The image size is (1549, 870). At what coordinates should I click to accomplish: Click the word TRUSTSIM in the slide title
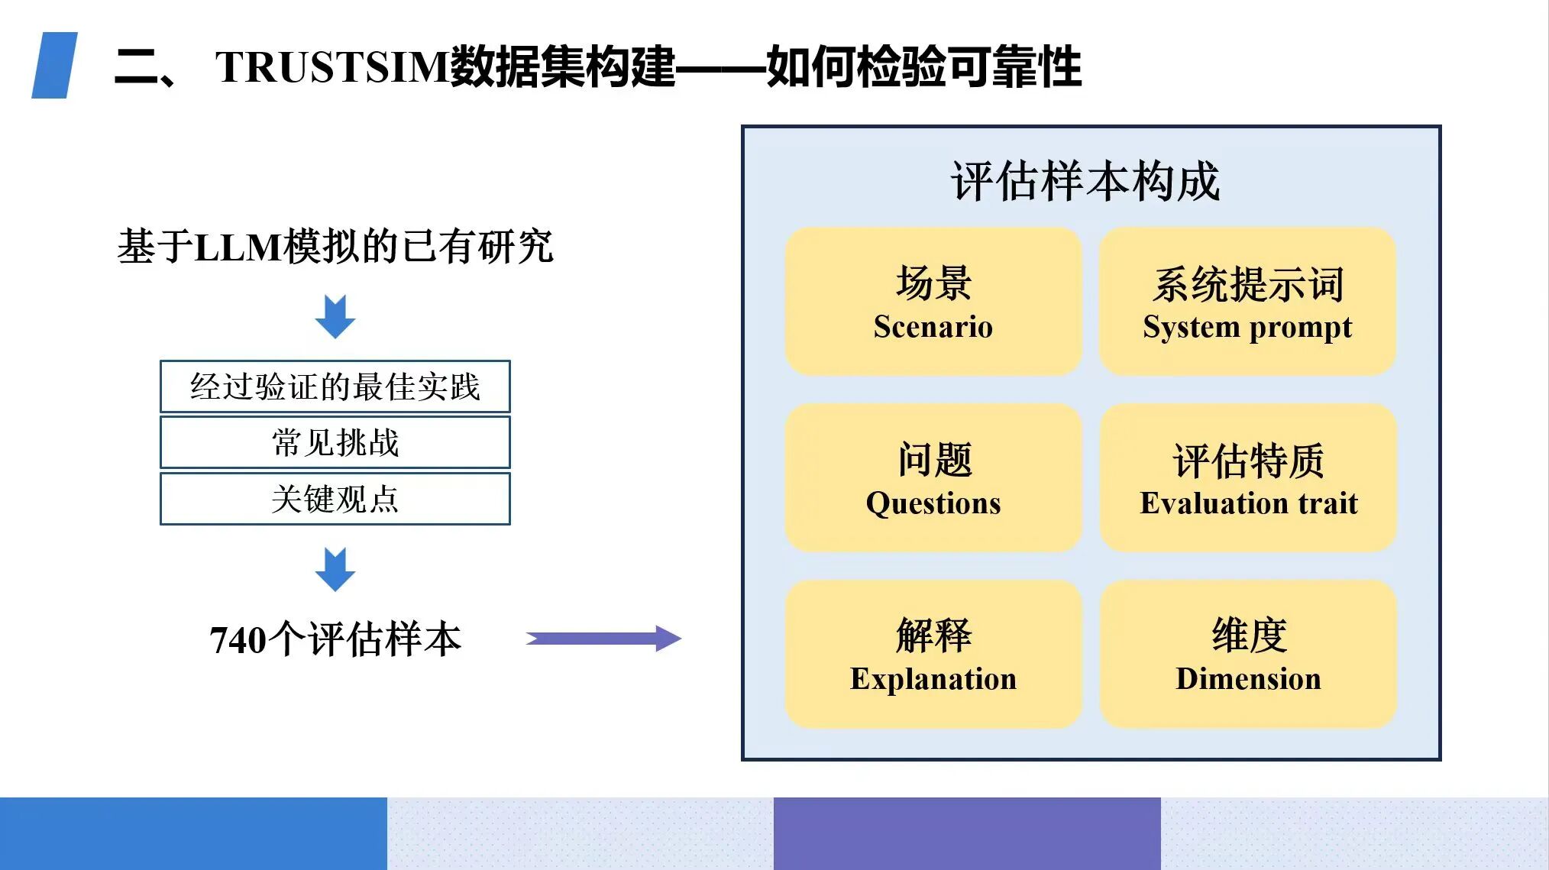point(331,66)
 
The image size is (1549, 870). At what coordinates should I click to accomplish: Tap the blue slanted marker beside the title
point(54,65)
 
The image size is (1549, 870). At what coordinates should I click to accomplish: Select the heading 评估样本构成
point(1085,182)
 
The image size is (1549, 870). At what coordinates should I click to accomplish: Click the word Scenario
point(933,327)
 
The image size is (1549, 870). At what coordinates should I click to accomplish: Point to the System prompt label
point(1247,328)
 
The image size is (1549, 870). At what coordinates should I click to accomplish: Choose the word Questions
point(933,503)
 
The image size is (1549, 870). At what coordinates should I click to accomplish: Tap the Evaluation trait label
point(1249,503)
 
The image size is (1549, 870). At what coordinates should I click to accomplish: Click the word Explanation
point(933,679)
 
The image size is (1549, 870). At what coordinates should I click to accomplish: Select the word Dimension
point(1248,679)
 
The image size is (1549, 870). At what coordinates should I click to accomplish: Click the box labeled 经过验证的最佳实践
point(335,386)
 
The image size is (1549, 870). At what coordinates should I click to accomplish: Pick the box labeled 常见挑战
point(335,442)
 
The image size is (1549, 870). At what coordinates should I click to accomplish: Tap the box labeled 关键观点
point(335,499)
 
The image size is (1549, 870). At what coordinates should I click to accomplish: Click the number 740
point(238,640)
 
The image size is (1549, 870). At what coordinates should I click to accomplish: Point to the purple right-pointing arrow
point(603,638)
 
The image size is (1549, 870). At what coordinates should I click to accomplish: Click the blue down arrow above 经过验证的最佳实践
point(335,316)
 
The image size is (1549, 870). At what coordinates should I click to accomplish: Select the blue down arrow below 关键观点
point(335,569)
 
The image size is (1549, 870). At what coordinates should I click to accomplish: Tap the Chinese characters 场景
point(933,283)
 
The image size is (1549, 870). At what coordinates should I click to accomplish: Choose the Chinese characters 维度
point(1249,636)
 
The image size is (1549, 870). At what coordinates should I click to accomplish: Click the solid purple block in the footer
point(967,833)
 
